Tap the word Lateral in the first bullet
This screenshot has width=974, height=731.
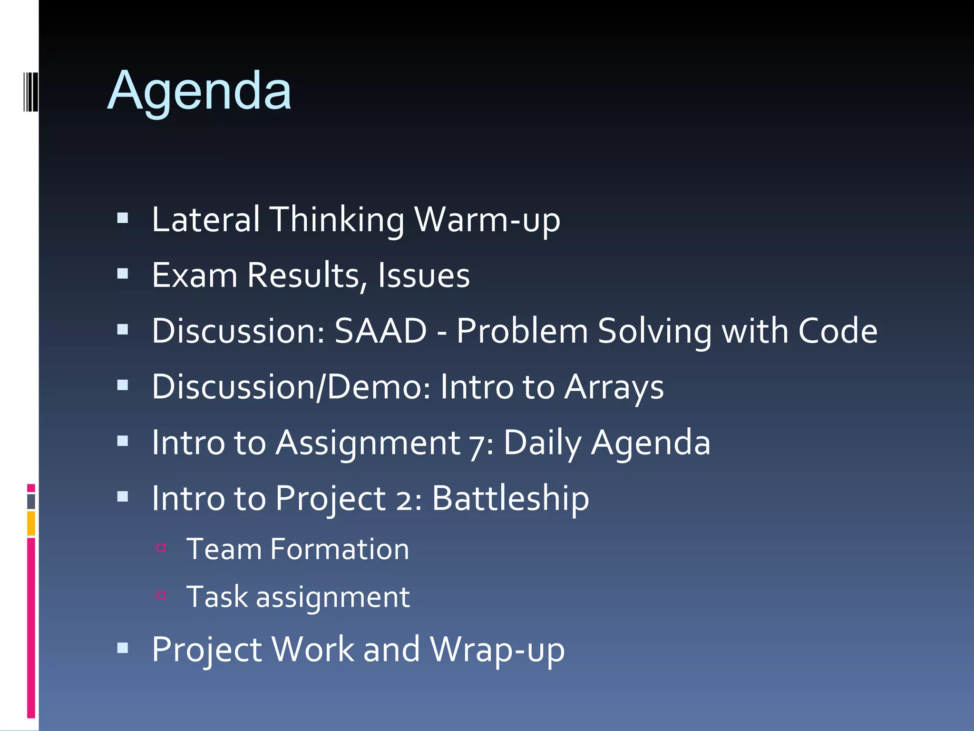pyautogui.click(x=205, y=220)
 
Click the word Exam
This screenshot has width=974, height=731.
pyautogui.click(x=195, y=276)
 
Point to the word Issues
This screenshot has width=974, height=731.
pyautogui.click(x=424, y=276)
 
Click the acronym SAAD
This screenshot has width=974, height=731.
pyautogui.click(x=380, y=331)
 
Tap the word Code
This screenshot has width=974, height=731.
pyautogui.click(x=838, y=331)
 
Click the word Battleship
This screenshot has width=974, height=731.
pyautogui.click(x=510, y=498)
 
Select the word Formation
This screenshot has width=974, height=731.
pyautogui.click(x=339, y=549)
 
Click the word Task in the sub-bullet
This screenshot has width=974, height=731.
pyautogui.click(x=217, y=597)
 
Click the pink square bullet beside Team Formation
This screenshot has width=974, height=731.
pyautogui.click(x=161, y=548)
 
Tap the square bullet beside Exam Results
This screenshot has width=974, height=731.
pyautogui.click(x=123, y=274)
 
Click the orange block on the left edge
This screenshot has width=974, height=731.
pyautogui.click(x=31, y=524)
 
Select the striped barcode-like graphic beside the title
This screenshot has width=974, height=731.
pyautogui.click(x=30, y=91)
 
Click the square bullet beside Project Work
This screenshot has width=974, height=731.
pyautogui.click(x=123, y=648)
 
